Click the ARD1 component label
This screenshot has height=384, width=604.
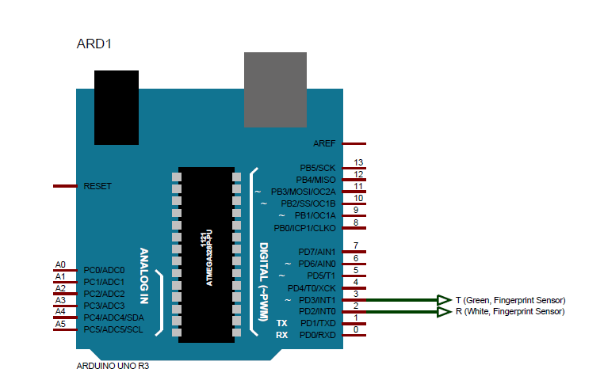point(94,44)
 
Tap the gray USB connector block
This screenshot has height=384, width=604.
point(274,89)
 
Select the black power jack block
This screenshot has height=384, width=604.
point(117,107)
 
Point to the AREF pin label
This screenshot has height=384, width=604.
point(324,144)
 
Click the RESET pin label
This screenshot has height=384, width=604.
point(97,186)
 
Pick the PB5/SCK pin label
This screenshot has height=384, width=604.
point(317,168)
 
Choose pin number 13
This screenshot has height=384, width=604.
point(358,162)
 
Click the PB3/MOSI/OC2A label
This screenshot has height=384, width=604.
point(304,192)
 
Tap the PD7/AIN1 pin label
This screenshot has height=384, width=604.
point(317,252)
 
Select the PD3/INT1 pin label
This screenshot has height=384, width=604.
point(317,300)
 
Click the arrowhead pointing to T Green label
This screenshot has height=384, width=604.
point(444,300)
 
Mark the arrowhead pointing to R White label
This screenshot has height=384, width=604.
point(444,312)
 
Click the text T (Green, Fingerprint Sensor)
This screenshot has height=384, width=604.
point(510,300)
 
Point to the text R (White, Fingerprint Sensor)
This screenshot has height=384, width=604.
point(510,312)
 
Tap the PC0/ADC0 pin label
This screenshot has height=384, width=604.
point(104,270)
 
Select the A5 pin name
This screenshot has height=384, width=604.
point(60,324)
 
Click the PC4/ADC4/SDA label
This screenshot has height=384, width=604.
point(113,317)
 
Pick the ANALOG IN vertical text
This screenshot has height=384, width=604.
point(144,276)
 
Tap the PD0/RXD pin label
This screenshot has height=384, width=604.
point(318,336)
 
